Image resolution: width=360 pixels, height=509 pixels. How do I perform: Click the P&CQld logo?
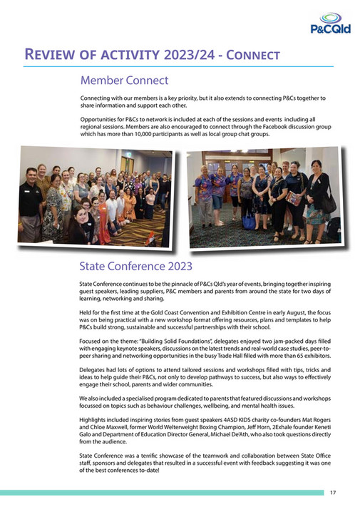click(x=329, y=23)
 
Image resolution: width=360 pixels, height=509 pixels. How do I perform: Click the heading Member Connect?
click(x=124, y=80)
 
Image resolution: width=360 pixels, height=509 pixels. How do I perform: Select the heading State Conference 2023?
click(x=136, y=267)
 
